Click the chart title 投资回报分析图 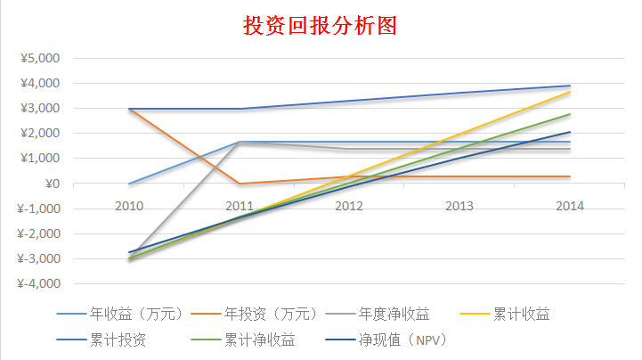pos(320,25)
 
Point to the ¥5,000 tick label pos(38,59)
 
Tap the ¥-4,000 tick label pos(37,284)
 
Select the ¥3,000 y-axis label pos(38,109)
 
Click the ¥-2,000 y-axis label pos(37,234)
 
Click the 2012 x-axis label pos(349,206)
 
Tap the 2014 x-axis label pos(570,206)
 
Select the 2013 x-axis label pos(459,206)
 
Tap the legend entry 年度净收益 pos(394,314)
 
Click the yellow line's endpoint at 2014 pos(570,92)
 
